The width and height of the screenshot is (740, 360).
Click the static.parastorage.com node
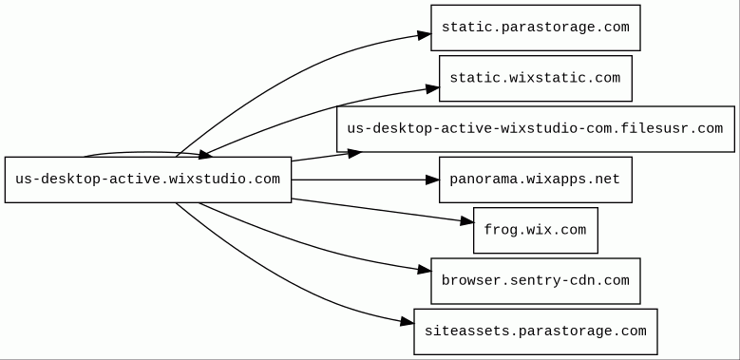click(x=536, y=28)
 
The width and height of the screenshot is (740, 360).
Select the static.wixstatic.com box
click(x=536, y=78)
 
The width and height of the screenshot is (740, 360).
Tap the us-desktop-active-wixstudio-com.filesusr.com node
click(x=536, y=129)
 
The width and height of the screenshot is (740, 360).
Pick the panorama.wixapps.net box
click(x=536, y=180)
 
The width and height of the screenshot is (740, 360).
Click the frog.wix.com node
click(x=536, y=230)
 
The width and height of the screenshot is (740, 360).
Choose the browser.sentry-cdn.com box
click(x=536, y=281)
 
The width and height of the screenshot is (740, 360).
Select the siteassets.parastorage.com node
click(x=536, y=332)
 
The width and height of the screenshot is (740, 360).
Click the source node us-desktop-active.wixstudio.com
click(x=148, y=180)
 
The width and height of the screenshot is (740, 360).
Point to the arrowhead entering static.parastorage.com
click(x=424, y=35)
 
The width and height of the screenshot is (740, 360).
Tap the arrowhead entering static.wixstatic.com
click(x=432, y=88)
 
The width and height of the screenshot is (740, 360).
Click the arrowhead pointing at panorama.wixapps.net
click(x=432, y=180)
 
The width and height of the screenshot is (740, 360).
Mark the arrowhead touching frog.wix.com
click(x=466, y=221)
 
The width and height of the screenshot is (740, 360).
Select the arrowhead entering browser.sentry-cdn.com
click(x=424, y=271)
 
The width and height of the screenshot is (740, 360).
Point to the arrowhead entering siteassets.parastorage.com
click(x=407, y=322)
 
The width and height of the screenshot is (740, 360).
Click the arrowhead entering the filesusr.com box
click(x=354, y=153)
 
